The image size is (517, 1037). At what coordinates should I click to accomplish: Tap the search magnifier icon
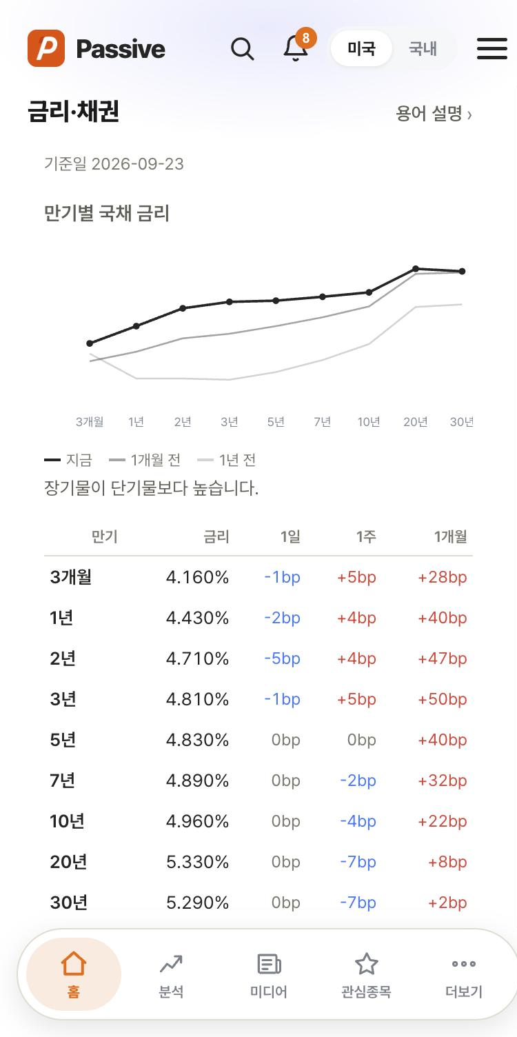coord(243,48)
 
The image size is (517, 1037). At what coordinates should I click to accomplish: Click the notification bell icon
coord(295,48)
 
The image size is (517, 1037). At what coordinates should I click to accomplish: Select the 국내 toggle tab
coord(423,48)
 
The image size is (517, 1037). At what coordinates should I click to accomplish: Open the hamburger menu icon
coord(492,48)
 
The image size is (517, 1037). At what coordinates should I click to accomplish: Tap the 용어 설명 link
coord(434,113)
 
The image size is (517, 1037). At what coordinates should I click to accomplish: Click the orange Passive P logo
coord(46,48)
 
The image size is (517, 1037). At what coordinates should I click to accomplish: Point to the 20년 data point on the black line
coord(416,268)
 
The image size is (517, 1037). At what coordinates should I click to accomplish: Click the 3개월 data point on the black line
coord(90,343)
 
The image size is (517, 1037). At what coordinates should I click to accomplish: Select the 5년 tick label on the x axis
coord(276,422)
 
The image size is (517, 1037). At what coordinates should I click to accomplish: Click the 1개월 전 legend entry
coord(144,460)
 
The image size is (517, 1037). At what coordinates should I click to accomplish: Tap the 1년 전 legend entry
coord(226,460)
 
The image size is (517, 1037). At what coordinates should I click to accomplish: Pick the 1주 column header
coord(366,536)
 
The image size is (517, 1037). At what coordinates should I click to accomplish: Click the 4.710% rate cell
coord(197,658)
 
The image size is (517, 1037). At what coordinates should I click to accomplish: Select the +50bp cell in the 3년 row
coord(442,699)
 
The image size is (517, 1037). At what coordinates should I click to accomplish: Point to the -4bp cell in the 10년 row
coord(358,821)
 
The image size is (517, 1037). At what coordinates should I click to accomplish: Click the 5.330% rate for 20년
coord(197,862)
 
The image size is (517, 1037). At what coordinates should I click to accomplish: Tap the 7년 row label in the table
coord(63,781)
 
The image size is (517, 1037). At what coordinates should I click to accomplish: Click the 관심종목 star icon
coord(367,963)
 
